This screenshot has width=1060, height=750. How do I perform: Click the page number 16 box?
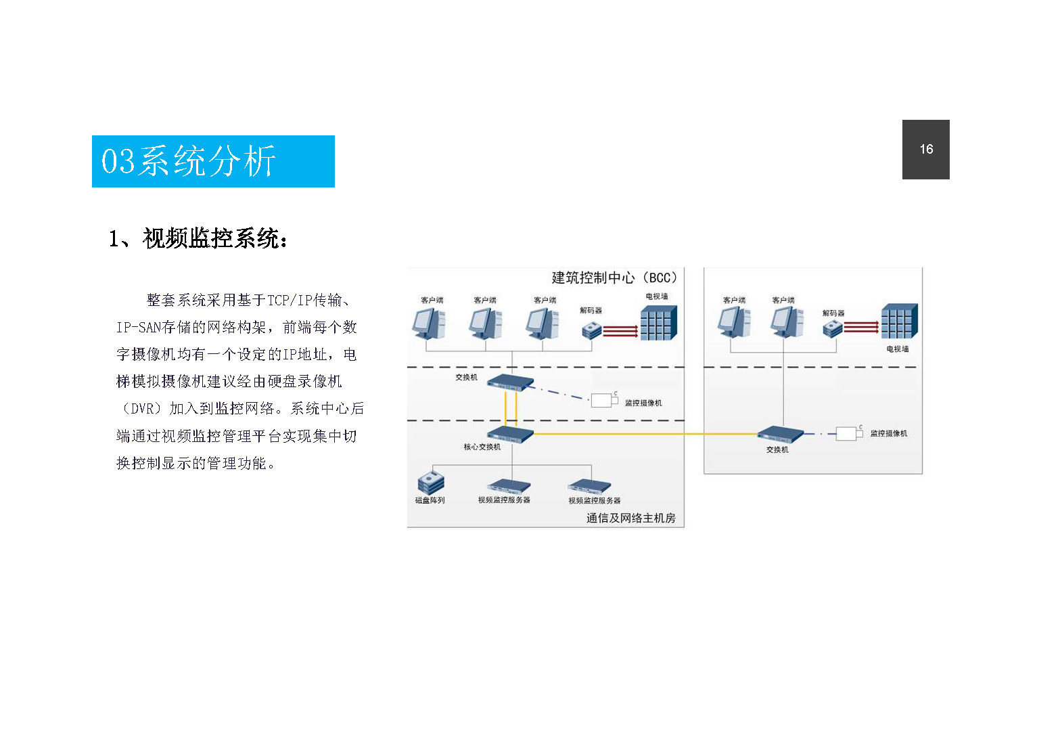tap(925, 150)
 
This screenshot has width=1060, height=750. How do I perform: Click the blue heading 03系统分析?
tap(213, 162)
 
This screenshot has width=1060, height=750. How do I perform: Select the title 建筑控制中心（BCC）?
tap(615, 278)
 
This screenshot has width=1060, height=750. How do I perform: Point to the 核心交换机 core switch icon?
tap(511, 434)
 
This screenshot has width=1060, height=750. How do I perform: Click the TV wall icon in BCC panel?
tap(659, 323)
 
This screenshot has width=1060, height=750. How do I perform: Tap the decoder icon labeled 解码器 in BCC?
tap(591, 330)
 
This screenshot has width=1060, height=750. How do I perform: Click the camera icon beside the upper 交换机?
tap(604, 400)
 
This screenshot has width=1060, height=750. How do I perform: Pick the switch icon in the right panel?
tap(781, 435)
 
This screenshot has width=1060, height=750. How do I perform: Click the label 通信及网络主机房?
tap(631, 518)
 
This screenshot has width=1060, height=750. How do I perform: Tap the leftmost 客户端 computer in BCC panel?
tap(429, 324)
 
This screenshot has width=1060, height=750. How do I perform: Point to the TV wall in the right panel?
tap(900, 321)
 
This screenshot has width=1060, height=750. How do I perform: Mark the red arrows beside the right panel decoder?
tap(861, 327)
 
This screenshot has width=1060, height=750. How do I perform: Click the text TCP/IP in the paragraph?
tap(290, 300)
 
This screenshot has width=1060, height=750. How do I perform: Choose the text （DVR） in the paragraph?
tap(141, 408)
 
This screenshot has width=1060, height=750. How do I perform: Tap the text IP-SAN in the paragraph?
tap(139, 327)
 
